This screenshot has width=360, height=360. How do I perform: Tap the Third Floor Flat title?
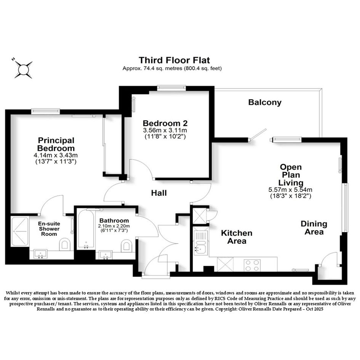174,60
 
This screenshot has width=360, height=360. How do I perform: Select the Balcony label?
265,102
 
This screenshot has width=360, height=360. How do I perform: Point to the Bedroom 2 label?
165,123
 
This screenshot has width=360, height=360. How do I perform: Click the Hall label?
159,193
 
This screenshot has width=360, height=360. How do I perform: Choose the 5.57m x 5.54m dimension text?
290,190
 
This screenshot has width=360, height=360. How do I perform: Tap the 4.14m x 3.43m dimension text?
56,155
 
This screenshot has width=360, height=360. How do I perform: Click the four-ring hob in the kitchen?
252,265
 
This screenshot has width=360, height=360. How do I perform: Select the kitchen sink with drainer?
200,243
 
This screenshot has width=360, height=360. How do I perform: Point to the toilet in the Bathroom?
126,246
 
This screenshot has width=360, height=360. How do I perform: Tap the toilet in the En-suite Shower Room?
65,244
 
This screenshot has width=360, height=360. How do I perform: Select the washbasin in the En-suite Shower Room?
40,254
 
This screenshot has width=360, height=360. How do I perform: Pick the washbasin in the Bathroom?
106,255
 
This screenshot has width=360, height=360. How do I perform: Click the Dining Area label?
314,228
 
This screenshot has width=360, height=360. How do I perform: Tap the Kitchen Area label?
237,237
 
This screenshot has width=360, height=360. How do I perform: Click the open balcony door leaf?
258,134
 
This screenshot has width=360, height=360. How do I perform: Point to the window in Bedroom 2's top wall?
171,87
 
